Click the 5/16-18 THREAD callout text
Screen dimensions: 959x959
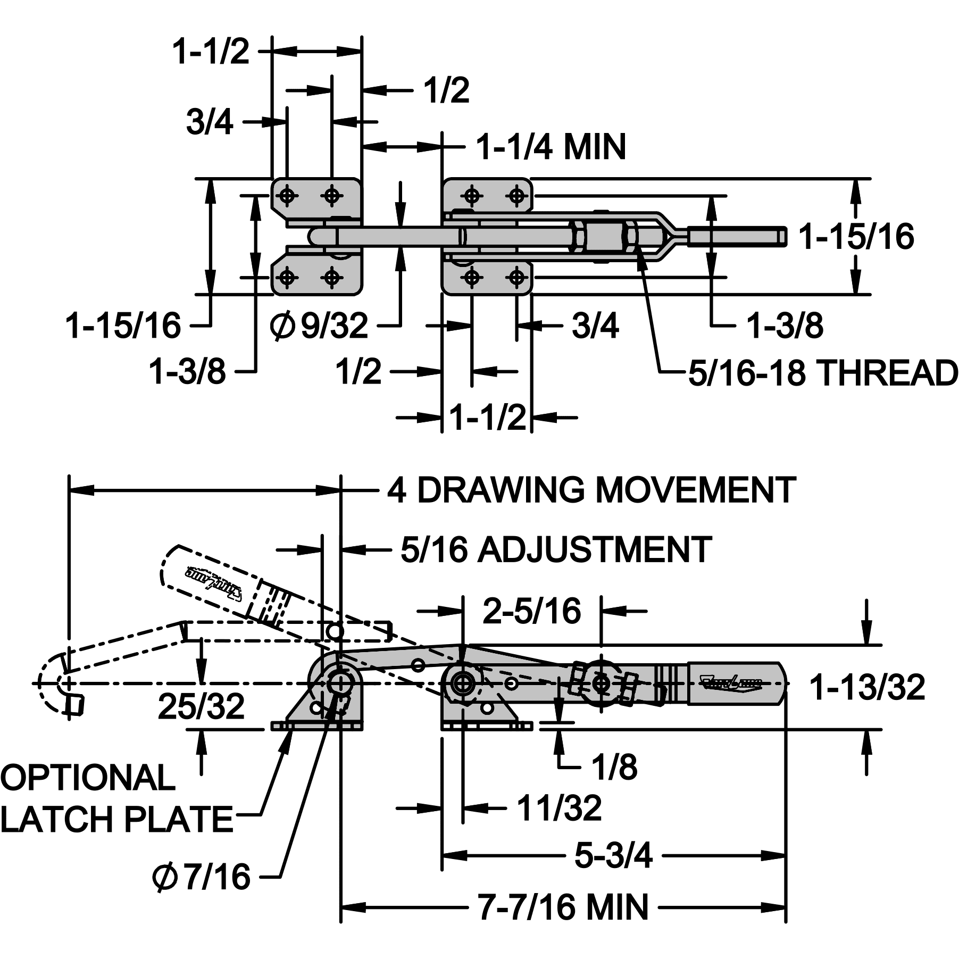pos(822,373)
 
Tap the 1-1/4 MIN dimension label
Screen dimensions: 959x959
pos(551,147)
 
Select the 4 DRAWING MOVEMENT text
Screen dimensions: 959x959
pos(591,490)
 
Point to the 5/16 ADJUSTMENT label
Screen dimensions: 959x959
pos(556,549)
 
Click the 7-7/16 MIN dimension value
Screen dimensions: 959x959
pos(563,907)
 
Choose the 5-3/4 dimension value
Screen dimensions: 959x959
pos(613,856)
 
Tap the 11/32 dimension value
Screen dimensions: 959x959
pos(559,808)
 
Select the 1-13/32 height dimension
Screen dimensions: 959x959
pos(867,687)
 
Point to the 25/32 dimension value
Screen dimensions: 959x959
pos(201,706)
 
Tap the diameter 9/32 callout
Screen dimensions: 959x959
pos(319,325)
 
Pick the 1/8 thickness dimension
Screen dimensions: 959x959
pos(615,766)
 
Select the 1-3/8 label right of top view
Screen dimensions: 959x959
pos(785,325)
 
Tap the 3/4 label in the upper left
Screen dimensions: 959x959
pos(210,122)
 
